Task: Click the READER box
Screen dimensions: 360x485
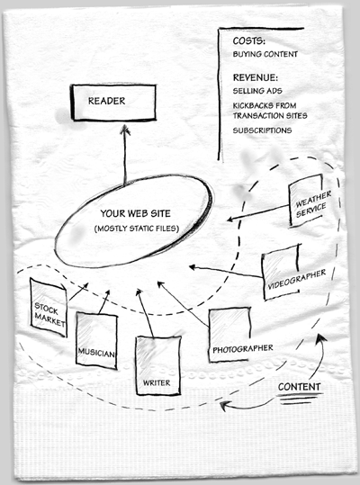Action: [x=113, y=102]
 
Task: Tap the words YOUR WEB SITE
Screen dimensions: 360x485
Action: [x=135, y=213]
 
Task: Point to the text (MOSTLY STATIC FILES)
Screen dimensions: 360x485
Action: [x=137, y=229]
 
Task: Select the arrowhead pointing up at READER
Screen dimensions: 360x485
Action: [x=125, y=130]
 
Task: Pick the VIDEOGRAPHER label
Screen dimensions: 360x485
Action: [x=297, y=279]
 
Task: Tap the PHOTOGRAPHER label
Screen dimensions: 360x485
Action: [x=243, y=349]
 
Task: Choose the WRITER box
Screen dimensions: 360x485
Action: [x=158, y=365]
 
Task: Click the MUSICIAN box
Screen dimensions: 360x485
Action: [x=96, y=340]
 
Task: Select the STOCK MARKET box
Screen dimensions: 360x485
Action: [x=49, y=308]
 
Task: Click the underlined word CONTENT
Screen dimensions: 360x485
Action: [x=299, y=387]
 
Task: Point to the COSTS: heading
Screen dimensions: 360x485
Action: [x=249, y=40]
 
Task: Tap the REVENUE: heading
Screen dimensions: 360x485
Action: [x=256, y=77]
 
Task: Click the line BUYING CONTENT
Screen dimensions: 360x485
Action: [x=265, y=54]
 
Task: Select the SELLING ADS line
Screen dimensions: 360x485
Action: [x=257, y=91]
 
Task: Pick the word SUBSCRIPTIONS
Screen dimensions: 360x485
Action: [x=262, y=130]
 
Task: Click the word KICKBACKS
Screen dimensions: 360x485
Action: [x=249, y=106]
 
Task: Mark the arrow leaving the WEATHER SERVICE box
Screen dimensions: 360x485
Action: [x=258, y=212]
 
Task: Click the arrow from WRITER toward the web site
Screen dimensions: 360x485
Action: [x=145, y=313]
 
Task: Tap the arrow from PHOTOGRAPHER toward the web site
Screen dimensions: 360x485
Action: [x=183, y=304]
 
